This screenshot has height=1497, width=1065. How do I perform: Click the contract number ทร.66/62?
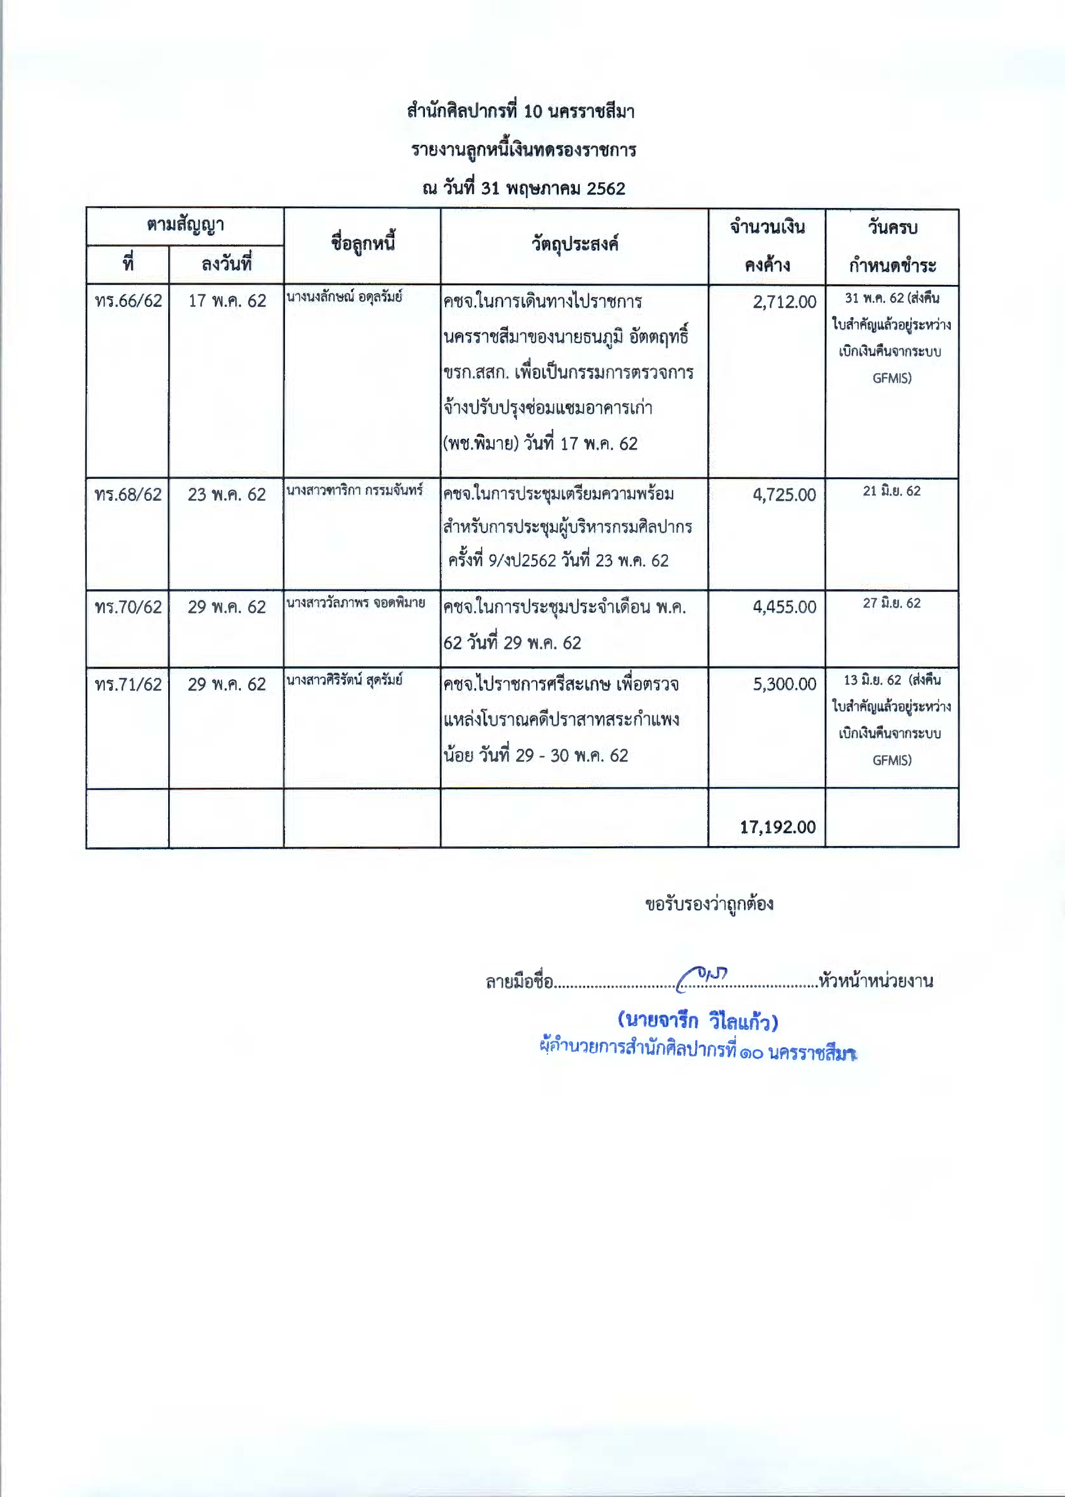click(128, 301)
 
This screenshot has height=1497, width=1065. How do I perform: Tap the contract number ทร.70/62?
click(128, 607)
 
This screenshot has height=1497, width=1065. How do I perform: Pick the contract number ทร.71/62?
click(128, 685)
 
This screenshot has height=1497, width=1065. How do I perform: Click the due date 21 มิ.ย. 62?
click(891, 491)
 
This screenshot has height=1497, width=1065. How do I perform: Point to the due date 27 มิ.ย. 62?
click(891, 603)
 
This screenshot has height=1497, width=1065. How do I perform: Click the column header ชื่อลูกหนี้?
click(363, 245)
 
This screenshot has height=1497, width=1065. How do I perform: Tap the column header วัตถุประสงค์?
click(575, 245)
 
